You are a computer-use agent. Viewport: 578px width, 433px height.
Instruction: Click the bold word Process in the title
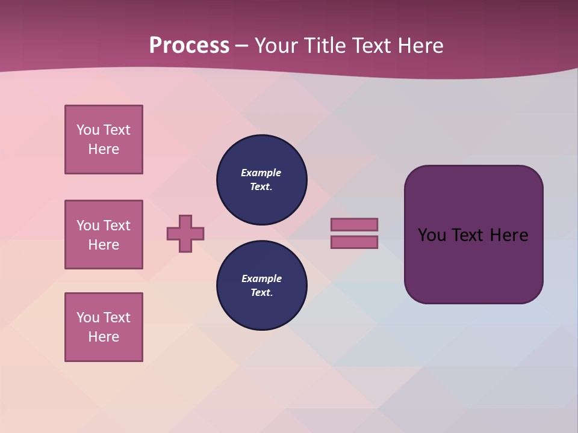(189, 46)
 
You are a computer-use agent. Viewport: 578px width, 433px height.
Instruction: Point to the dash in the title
(241, 46)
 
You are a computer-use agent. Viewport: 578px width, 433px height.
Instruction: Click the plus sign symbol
(185, 233)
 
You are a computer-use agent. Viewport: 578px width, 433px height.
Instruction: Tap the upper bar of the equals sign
(354, 224)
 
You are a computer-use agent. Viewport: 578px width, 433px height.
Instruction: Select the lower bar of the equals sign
(354, 242)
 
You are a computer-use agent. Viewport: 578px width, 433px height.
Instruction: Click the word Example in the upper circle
(261, 173)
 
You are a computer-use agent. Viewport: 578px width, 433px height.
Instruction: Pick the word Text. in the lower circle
(261, 292)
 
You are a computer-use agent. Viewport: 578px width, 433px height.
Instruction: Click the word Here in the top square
(104, 149)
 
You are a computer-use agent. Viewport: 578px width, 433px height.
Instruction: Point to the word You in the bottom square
(88, 317)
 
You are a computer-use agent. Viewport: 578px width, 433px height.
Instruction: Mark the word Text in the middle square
(117, 226)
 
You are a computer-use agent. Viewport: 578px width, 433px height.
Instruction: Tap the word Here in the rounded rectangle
(509, 235)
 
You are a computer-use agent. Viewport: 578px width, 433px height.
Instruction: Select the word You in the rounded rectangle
(432, 235)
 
